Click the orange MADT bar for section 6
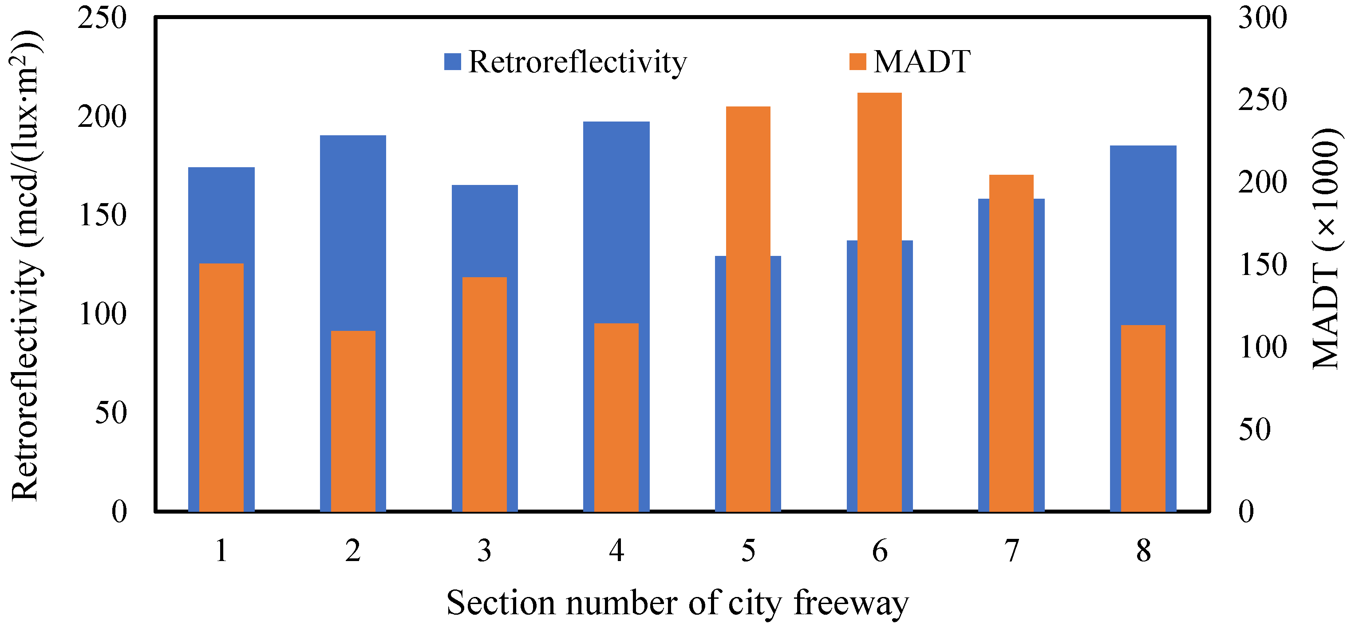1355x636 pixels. point(880,302)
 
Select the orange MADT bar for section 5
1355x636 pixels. point(747,309)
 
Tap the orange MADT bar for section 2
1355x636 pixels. point(353,421)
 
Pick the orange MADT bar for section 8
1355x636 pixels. point(1143,418)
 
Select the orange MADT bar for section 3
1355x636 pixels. point(485,394)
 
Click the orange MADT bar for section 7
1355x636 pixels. point(1011,343)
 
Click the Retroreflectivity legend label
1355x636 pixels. point(577,62)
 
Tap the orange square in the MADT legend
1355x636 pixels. point(857,62)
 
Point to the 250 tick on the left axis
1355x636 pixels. point(102,18)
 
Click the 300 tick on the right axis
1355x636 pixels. point(1262,18)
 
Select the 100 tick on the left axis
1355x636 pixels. point(103,314)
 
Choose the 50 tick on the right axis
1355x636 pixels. point(1255,429)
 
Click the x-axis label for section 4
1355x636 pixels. point(616,551)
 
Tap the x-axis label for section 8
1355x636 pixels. point(1143,551)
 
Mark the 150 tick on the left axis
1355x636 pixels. point(103,215)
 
